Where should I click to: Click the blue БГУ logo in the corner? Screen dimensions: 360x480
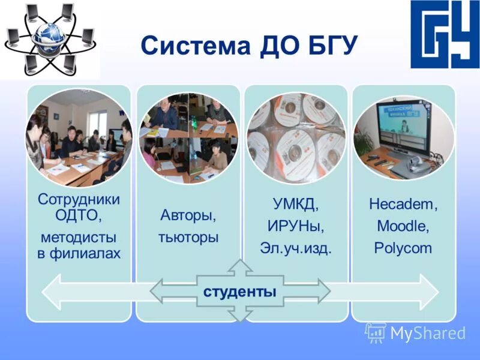point(445,34)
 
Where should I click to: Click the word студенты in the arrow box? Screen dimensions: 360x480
point(240,292)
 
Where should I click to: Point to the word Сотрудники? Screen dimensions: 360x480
point(79,199)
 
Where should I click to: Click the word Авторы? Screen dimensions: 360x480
point(188,214)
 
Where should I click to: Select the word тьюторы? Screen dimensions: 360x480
point(188,237)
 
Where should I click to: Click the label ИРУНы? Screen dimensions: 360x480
point(296,226)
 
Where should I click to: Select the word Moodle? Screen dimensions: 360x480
point(403,226)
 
